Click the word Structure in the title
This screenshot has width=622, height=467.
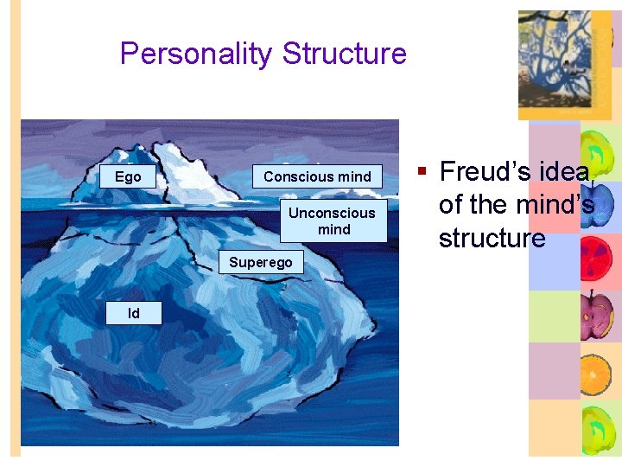point(344,54)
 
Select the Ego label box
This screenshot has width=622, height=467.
point(128,176)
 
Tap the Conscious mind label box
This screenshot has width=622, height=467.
point(317,176)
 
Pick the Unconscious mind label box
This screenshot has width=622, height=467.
point(333,221)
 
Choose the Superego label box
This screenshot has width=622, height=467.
point(261,262)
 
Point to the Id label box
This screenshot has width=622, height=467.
point(133,313)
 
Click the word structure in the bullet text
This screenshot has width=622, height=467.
point(492,238)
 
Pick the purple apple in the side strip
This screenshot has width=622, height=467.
point(597,314)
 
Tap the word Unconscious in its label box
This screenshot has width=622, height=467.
point(333,213)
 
